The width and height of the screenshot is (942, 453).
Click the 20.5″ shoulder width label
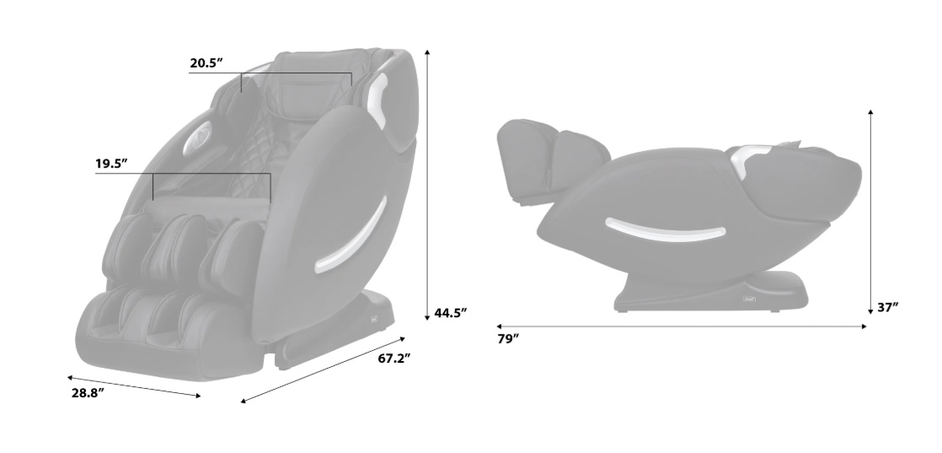click(206, 63)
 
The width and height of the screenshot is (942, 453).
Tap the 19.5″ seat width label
click(112, 164)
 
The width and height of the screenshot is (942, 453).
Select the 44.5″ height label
click(451, 313)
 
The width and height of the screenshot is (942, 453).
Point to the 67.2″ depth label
click(394, 359)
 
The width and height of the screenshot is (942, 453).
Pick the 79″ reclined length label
click(507, 339)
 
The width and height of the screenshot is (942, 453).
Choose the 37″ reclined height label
click(887, 307)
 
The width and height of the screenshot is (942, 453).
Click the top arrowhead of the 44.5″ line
click(427, 52)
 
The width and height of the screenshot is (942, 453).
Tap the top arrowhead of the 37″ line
click(870, 113)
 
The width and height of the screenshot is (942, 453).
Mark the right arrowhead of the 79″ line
click(864, 326)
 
